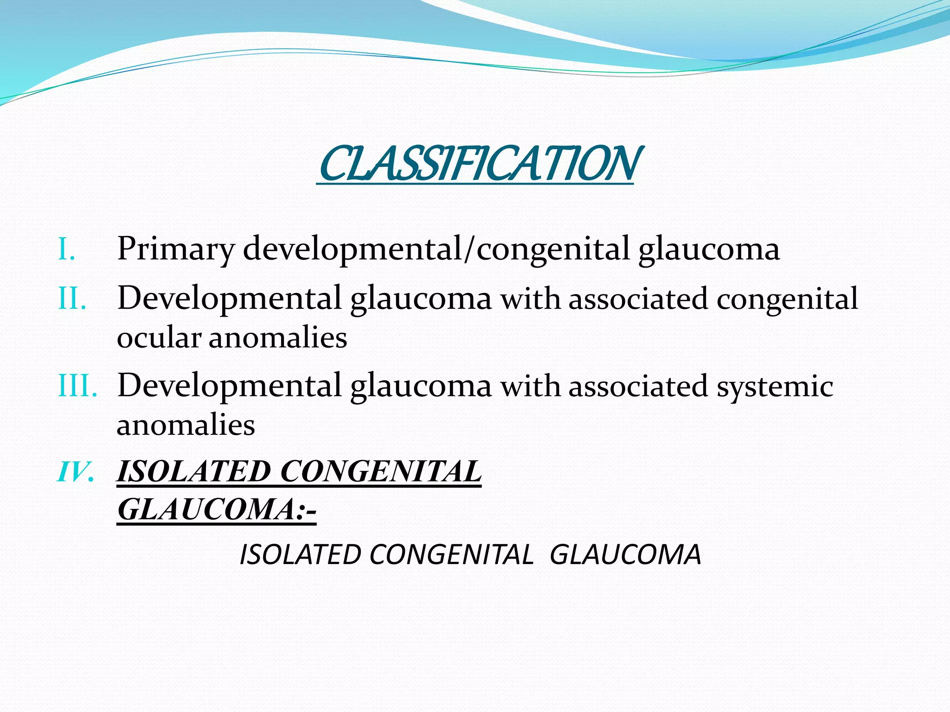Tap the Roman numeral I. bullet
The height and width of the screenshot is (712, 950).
pos(67,250)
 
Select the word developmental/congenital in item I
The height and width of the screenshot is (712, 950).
pos(436,249)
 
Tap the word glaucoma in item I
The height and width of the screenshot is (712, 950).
pos(709,249)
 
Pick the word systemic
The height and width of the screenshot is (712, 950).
pos(775,386)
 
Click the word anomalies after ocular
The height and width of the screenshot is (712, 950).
pos(278,337)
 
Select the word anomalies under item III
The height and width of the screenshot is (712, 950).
pos(186,425)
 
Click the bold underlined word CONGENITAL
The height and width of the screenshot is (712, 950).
pos(381,472)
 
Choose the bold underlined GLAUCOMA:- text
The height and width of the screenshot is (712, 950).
pos(217,510)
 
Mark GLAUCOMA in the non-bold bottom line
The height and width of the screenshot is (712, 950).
pos(625,554)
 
